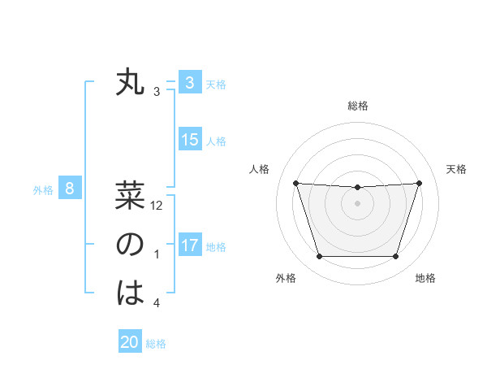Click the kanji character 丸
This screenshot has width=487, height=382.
click(x=130, y=83)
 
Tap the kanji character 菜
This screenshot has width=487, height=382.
click(x=130, y=196)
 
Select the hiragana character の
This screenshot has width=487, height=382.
click(x=130, y=245)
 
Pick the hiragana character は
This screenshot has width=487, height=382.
click(x=130, y=293)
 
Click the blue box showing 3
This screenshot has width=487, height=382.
click(x=189, y=83)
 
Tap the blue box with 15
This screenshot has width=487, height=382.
click(x=189, y=140)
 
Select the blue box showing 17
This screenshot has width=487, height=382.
click(x=189, y=245)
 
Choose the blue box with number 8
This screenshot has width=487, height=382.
click(x=70, y=189)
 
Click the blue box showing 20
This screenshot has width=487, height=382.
click(x=130, y=342)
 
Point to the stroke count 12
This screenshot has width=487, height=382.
click(x=157, y=206)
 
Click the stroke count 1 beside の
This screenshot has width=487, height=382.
click(x=157, y=255)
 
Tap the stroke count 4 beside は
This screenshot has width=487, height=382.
click(x=157, y=303)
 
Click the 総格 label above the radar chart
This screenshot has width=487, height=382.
click(x=358, y=106)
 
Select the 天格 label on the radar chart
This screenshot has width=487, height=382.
click(x=457, y=169)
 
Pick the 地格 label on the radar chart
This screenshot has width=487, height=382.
click(x=425, y=278)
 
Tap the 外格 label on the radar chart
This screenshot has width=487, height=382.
click(x=286, y=278)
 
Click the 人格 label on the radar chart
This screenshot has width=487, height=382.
click(x=258, y=169)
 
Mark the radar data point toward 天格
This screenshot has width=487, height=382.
click(x=419, y=183)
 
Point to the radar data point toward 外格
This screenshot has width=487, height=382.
click(x=319, y=257)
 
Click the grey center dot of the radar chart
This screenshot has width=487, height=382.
click(x=357, y=203)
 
